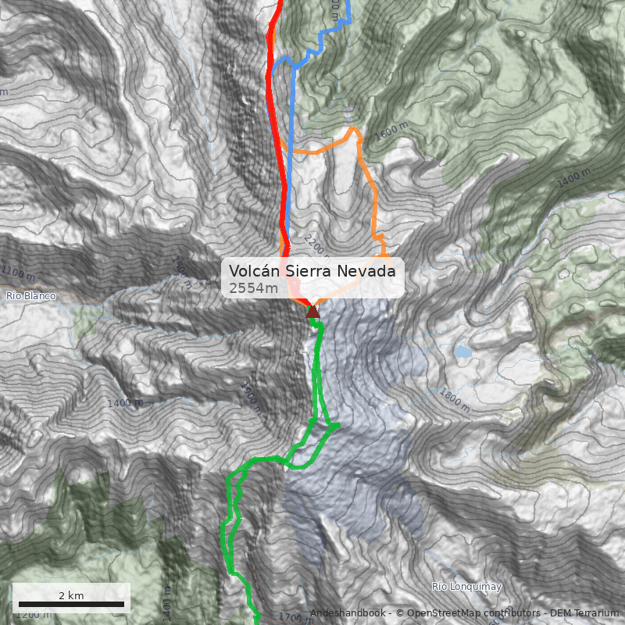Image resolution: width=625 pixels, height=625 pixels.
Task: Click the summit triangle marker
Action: (x=312, y=312)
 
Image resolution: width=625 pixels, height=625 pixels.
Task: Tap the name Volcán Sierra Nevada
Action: (x=312, y=271)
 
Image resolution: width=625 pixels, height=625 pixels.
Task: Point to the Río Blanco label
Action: (x=30, y=296)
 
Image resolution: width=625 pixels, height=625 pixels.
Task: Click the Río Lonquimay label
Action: (x=466, y=587)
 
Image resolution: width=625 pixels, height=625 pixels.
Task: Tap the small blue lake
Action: (x=462, y=352)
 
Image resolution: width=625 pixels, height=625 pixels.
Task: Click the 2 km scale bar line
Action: (x=71, y=605)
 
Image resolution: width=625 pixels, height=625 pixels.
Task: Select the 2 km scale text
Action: (x=71, y=595)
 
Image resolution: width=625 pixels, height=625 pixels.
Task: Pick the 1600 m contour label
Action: (x=391, y=132)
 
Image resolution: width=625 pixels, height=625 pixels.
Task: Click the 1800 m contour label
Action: (x=454, y=399)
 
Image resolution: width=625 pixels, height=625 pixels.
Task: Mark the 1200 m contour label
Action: (x=31, y=616)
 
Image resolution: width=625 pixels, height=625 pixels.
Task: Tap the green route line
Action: (x=317, y=375)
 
